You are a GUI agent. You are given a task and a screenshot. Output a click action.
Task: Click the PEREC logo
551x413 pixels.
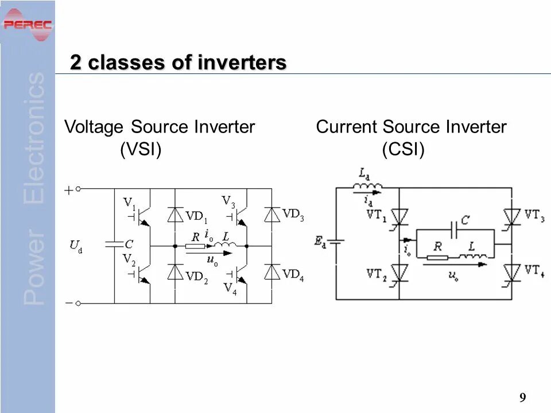click(27, 25)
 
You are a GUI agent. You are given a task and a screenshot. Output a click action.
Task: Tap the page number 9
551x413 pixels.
click(522, 398)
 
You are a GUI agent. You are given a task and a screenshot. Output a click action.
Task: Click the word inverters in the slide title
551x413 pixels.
click(242, 63)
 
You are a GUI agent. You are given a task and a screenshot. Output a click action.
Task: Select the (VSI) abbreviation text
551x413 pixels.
click(141, 150)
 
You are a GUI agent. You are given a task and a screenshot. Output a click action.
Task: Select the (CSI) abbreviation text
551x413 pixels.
click(403, 150)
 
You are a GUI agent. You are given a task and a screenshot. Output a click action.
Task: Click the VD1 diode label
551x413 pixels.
click(197, 217)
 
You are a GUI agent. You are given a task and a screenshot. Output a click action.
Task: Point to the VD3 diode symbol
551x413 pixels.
click(272, 214)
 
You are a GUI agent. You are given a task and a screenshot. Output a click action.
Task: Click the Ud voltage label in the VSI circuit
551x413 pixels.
click(76, 247)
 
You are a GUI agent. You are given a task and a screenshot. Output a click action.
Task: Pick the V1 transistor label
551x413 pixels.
click(130, 203)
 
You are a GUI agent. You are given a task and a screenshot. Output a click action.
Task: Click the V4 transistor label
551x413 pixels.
click(230, 288)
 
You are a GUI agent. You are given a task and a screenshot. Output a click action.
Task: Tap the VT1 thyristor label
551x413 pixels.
click(378, 215)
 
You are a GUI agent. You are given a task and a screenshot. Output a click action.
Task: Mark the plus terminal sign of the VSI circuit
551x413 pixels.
click(69, 190)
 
